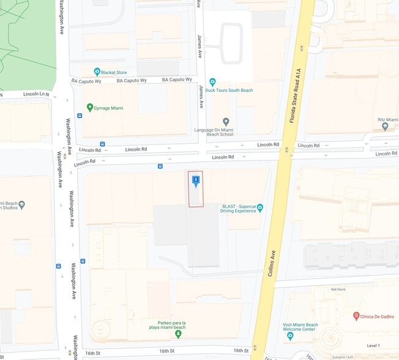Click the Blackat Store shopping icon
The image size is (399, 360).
click(97, 72)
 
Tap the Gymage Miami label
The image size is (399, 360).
click(108, 108)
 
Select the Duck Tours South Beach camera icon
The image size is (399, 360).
click(212, 81)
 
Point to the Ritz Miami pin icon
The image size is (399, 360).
click(385, 127)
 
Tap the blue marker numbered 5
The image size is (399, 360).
click(195, 180)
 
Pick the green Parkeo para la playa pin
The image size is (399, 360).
click(178, 316)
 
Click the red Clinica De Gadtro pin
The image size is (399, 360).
click(356, 316)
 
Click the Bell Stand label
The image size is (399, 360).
click(338, 289)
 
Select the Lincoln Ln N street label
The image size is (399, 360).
click(35, 94)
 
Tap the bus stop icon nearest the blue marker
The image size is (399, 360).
click(160, 166)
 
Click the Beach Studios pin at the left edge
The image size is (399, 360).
click(22, 204)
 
